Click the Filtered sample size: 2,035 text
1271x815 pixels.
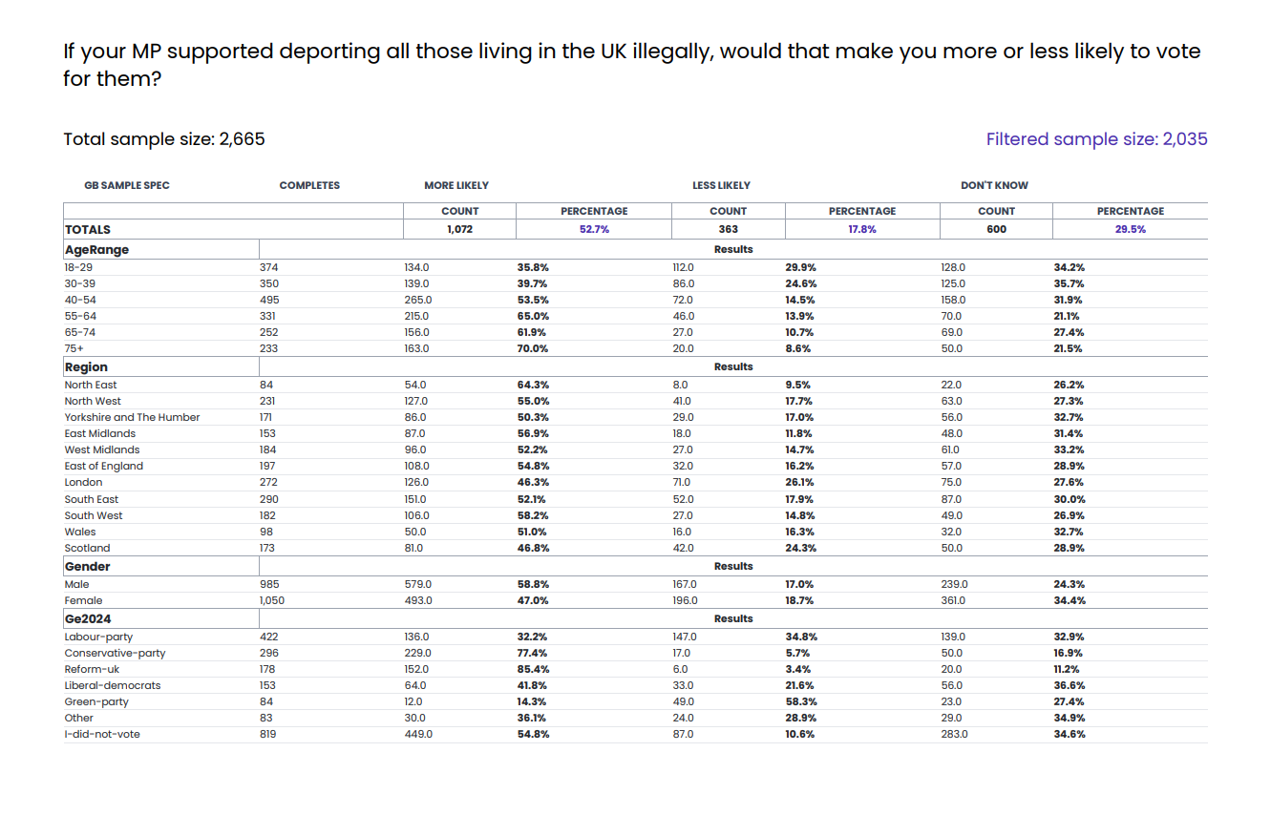(1096, 139)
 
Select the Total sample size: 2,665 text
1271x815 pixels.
(164, 139)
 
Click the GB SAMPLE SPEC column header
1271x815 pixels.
(127, 185)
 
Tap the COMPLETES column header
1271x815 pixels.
(309, 185)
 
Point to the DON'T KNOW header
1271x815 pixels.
(994, 185)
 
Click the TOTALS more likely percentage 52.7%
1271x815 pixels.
(594, 229)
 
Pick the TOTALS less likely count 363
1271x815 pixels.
(728, 229)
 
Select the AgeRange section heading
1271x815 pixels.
(96, 249)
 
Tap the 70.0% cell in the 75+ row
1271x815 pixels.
(533, 348)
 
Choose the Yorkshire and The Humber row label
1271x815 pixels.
(132, 417)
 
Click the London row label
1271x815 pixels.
(83, 482)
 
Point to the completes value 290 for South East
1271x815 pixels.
(269, 499)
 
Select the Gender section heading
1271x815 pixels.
(87, 566)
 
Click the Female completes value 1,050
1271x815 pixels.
(272, 600)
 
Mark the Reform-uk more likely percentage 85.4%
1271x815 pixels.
(533, 669)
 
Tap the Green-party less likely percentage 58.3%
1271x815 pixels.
(801, 701)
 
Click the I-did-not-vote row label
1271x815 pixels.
(102, 734)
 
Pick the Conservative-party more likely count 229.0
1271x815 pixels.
(417, 653)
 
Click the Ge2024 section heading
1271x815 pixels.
(88, 618)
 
